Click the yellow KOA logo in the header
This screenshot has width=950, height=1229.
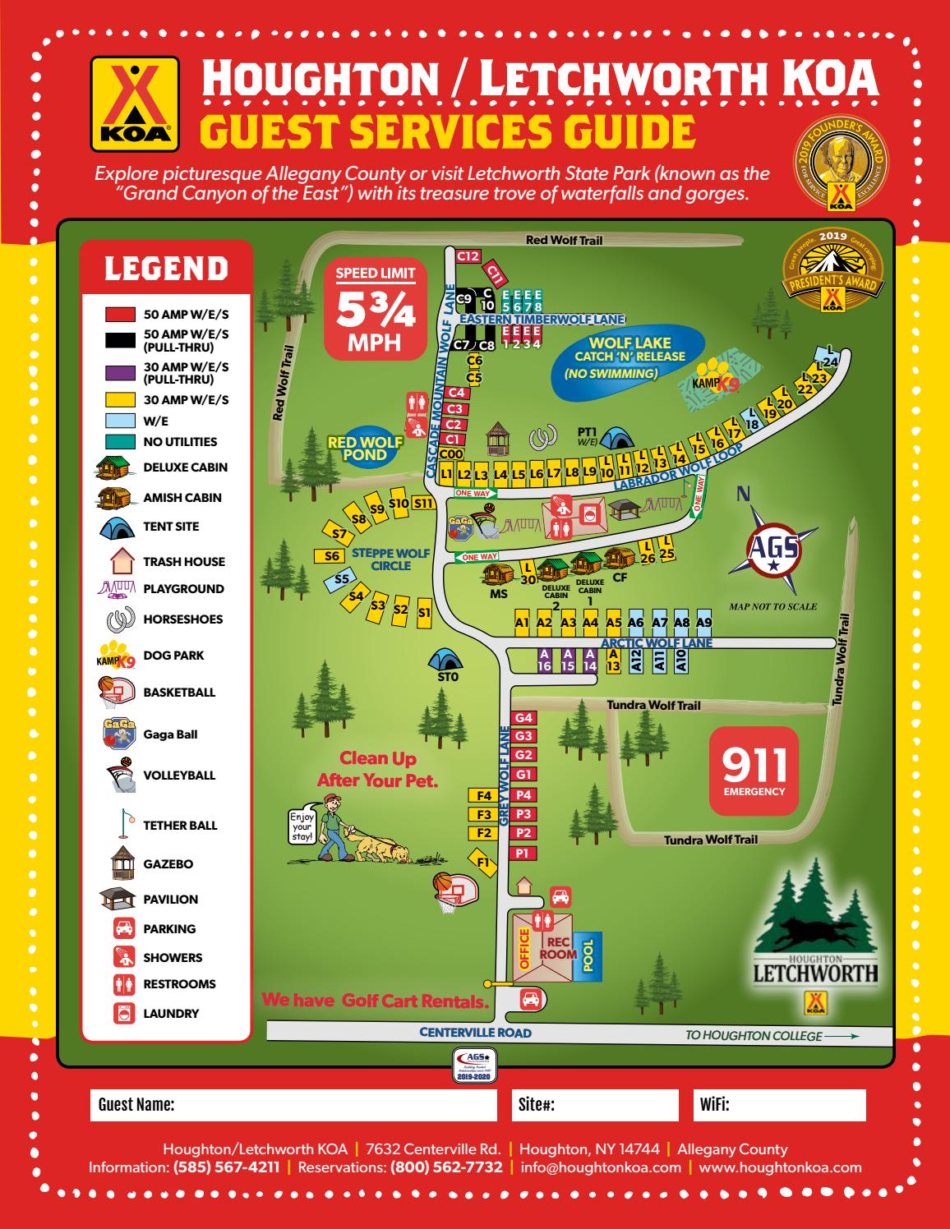135,104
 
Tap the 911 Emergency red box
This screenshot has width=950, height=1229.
754,771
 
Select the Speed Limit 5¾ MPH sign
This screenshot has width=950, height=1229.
370,311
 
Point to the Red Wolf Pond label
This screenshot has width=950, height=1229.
365,449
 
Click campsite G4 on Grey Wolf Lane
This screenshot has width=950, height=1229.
523,717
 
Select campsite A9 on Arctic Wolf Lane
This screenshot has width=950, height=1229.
703,623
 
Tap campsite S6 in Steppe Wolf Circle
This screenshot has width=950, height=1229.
332,556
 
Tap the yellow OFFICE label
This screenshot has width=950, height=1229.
523,949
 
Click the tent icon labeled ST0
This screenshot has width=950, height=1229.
446,660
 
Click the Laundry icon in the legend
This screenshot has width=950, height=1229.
123,1014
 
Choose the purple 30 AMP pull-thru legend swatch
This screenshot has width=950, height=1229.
121,372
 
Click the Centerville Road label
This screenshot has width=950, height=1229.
475,1033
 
